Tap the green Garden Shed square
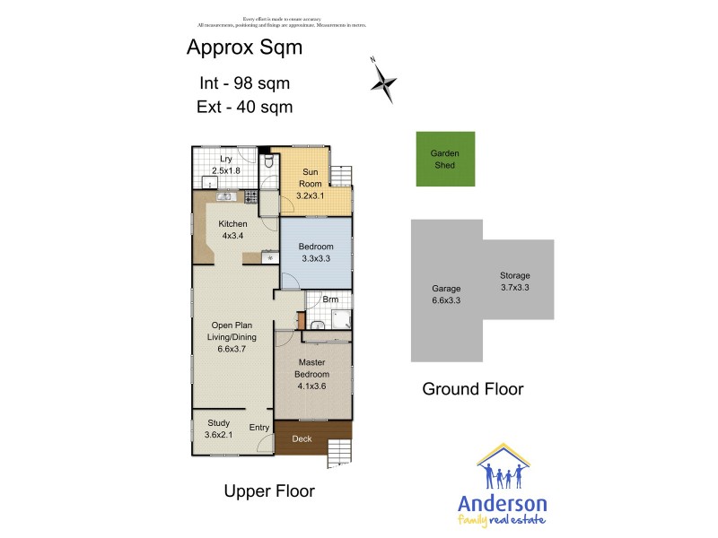point(445,159)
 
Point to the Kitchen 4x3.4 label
point(232,230)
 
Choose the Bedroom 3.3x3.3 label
point(315,253)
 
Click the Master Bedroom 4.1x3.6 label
point(311,374)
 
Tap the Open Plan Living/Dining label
point(232,337)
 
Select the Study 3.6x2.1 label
point(219,429)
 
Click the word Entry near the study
point(259,428)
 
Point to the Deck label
point(302,438)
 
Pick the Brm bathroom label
point(330,299)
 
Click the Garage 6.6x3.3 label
point(446,295)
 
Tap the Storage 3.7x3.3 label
point(515,282)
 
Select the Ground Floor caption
point(473,389)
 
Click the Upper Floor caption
point(268,491)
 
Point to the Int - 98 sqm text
point(244,83)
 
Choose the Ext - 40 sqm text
point(244,107)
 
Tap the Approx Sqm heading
point(244,48)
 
